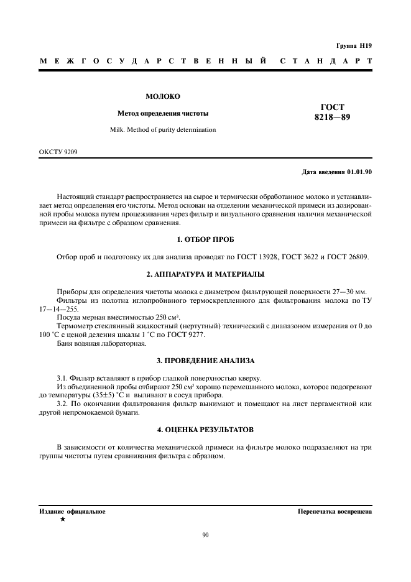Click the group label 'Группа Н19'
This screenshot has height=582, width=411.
point(353,45)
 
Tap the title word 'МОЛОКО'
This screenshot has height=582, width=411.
point(163,96)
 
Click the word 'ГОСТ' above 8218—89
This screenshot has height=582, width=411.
point(333,106)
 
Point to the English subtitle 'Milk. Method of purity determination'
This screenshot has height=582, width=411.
point(163,130)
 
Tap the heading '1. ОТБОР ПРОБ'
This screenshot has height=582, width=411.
point(205,239)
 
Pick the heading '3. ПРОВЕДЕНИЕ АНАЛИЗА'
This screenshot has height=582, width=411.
point(205,361)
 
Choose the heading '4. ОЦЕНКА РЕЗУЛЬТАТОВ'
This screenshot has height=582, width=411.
point(205,430)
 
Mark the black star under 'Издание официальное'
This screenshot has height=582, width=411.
point(62,519)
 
